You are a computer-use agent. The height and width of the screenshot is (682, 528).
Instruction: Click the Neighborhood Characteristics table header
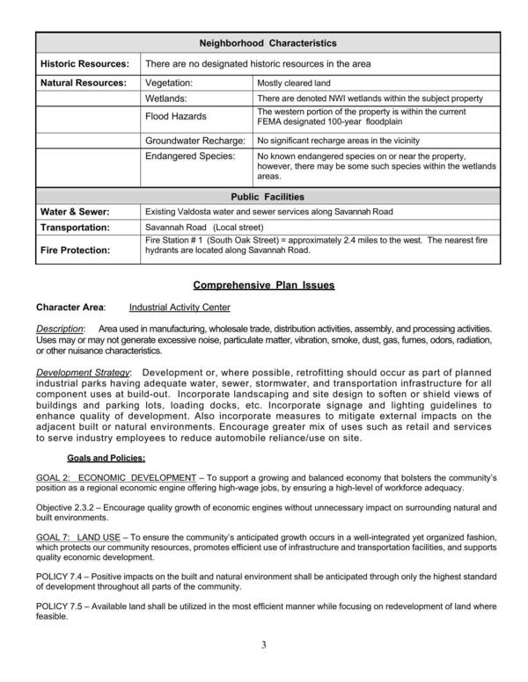(268, 43)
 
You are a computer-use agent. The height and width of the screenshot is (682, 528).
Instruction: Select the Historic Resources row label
(84, 63)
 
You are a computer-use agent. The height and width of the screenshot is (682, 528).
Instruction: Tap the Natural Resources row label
(84, 82)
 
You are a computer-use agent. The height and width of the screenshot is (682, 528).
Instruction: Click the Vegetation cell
(169, 82)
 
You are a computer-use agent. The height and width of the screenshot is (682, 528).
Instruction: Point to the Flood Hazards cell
(176, 117)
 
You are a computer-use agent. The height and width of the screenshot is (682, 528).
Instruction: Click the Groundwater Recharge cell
(191, 141)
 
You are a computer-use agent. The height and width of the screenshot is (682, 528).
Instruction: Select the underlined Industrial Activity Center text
(180, 308)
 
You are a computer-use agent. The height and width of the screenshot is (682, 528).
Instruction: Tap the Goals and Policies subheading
(106, 458)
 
